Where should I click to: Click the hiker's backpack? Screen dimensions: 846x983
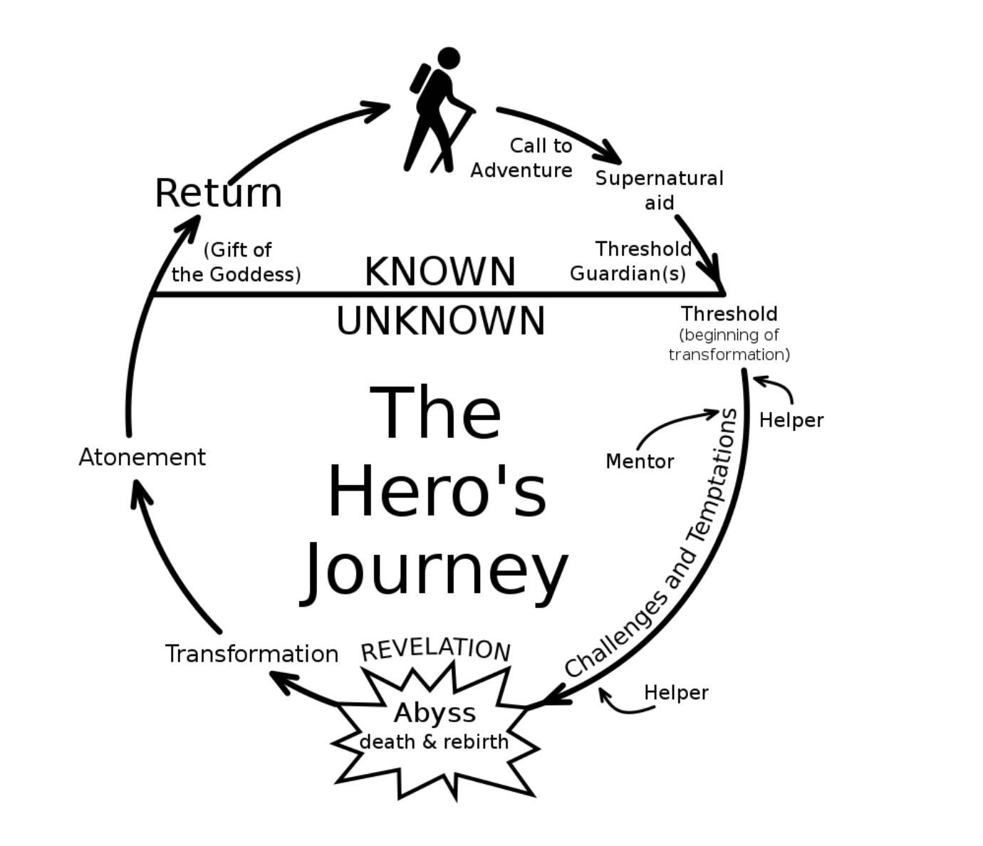point(420,78)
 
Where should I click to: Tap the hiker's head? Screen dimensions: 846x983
point(449,58)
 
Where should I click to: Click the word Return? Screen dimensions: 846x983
point(218,193)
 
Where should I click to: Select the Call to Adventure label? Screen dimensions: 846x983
point(521,157)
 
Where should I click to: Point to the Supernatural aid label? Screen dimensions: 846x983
point(659,190)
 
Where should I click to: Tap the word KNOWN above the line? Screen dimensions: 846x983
point(440,271)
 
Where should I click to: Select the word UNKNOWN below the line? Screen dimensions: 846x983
point(440,321)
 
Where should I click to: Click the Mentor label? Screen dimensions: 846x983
point(640,461)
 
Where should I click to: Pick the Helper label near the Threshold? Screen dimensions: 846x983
point(791,420)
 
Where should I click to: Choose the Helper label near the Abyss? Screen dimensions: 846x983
point(675,692)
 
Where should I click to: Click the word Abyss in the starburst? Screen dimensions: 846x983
point(435,712)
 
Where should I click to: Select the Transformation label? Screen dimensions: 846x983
point(251,654)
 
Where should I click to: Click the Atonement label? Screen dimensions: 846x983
point(142,457)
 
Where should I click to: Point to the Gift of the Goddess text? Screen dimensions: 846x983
point(236,262)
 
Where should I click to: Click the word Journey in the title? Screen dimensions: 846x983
point(435,570)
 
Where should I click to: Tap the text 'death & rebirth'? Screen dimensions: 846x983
point(434,742)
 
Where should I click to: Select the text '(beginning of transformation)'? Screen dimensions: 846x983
point(729,345)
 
